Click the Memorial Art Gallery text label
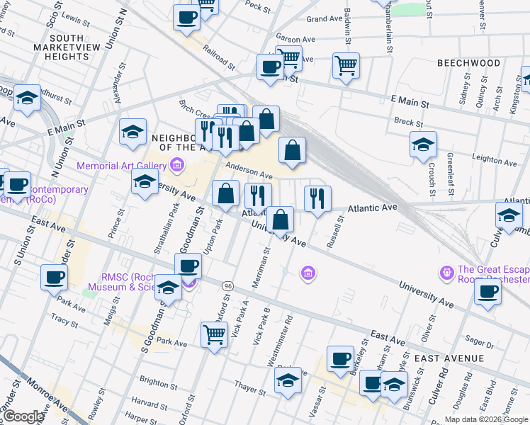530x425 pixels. (122, 166)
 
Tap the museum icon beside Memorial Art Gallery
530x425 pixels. (176, 166)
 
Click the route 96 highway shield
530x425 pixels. (227, 285)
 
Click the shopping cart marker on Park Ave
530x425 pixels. (215, 336)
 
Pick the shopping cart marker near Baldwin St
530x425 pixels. (346, 67)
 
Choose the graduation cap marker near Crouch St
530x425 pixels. (423, 146)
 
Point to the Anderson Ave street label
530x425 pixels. (249, 171)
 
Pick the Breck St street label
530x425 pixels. (409, 122)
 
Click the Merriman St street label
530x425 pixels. (261, 267)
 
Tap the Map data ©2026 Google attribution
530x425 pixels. (485, 419)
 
